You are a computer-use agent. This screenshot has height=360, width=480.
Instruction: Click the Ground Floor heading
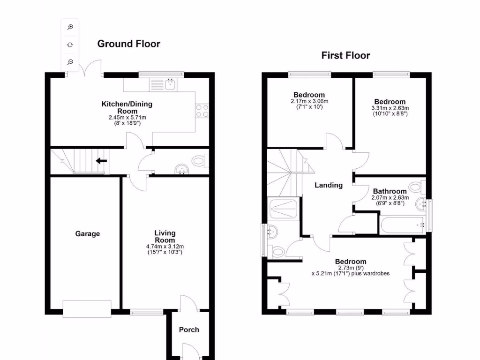click(x=128, y=44)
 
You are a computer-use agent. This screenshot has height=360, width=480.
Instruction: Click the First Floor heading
click(x=345, y=56)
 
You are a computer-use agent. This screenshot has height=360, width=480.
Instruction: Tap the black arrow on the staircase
click(x=101, y=161)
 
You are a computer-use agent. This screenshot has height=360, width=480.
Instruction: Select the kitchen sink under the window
click(x=170, y=85)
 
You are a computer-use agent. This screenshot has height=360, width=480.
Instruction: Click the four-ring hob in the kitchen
click(x=202, y=110)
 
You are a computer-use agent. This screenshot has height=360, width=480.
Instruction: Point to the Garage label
click(x=88, y=233)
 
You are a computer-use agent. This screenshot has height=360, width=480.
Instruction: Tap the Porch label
click(x=189, y=330)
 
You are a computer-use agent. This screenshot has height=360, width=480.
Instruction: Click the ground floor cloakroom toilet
click(x=200, y=161)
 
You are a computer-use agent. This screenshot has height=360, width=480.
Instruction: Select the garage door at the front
click(x=87, y=309)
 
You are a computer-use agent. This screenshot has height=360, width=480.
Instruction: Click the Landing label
click(x=328, y=185)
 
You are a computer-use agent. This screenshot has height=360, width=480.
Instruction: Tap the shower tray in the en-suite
click(x=283, y=209)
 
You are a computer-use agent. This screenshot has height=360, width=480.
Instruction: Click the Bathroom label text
click(x=390, y=191)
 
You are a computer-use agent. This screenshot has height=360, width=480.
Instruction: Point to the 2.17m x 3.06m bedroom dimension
click(x=309, y=101)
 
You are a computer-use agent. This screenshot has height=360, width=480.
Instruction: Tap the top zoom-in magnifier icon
click(x=70, y=27)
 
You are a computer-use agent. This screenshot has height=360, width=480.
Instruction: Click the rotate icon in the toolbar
click(x=70, y=45)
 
